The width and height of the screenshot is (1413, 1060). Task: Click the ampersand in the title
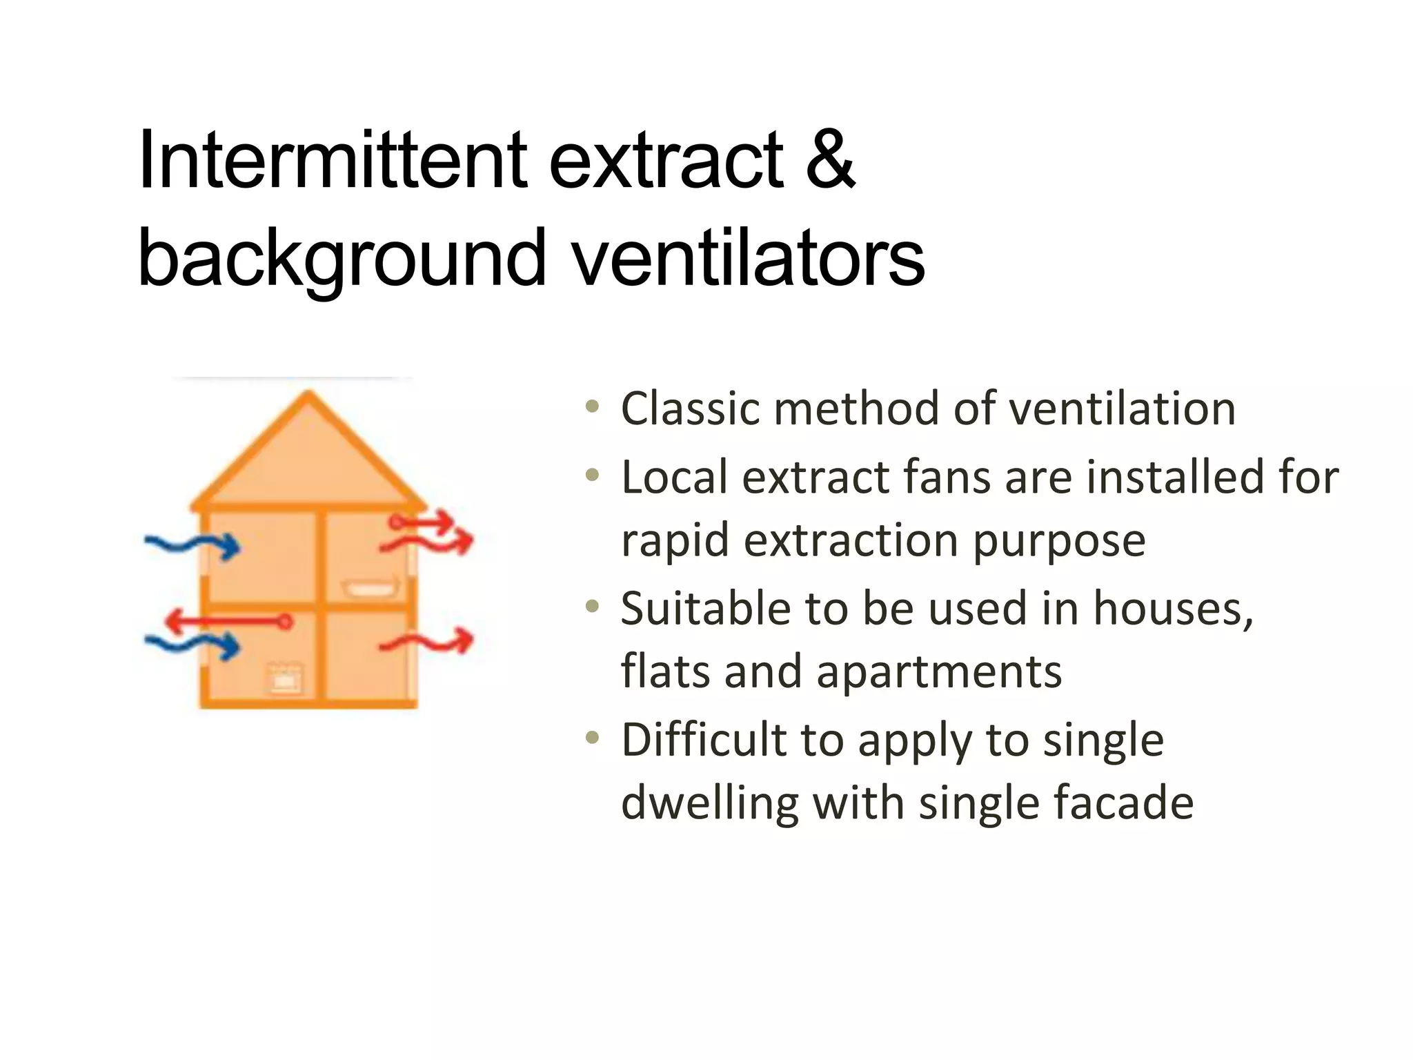[x=830, y=160]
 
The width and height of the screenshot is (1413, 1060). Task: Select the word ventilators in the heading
[x=748, y=258]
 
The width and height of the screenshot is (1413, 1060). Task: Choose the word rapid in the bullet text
[x=675, y=540]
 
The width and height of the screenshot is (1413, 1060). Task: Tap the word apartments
[x=939, y=672]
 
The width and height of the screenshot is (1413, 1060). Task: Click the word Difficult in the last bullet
[x=703, y=740]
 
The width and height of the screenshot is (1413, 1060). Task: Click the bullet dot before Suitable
[x=592, y=607]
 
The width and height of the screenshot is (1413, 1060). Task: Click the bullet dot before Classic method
[x=592, y=406]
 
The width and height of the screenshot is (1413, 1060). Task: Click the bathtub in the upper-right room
[x=371, y=588]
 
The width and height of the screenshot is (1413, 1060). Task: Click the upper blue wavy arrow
[x=192, y=545]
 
